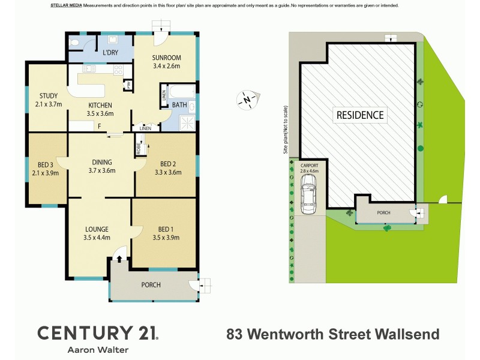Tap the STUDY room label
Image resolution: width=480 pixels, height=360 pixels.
click(x=48, y=95)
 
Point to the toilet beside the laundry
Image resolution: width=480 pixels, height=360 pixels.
click(x=74, y=43)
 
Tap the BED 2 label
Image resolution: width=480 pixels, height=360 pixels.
click(x=169, y=164)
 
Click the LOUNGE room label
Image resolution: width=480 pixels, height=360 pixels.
click(x=96, y=229)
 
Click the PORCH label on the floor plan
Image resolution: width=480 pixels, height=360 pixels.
click(x=151, y=284)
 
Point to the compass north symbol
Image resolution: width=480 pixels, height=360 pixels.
click(x=247, y=99)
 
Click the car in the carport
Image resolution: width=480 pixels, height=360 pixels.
click(x=308, y=197)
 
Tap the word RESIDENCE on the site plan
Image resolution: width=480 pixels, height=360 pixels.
click(x=359, y=114)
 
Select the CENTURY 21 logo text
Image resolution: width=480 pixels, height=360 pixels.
click(x=97, y=333)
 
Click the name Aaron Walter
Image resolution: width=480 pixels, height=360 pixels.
click(x=98, y=350)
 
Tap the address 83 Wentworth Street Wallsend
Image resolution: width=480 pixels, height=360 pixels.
click(x=332, y=334)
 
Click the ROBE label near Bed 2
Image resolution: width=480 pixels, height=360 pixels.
click(x=138, y=148)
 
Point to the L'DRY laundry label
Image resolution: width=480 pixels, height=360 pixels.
click(x=110, y=53)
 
